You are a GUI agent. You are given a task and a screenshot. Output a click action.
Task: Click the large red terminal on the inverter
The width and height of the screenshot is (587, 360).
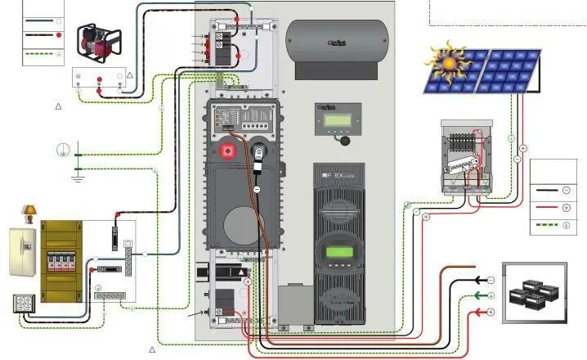[226, 152]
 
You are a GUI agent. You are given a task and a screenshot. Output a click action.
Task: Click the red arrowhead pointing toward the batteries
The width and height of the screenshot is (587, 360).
[480, 313]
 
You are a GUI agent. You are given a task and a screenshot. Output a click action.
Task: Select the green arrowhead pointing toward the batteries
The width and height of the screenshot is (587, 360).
[480, 297]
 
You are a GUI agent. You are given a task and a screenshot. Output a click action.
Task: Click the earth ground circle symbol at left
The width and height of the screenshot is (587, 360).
[61, 150]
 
